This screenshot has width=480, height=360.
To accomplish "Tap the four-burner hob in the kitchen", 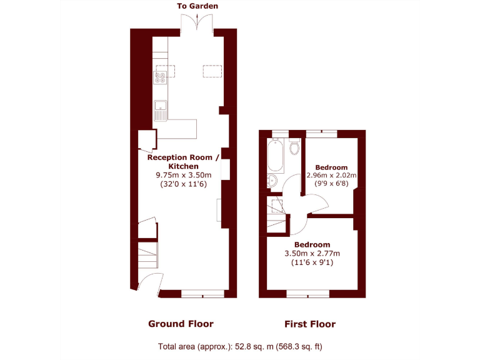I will coord(161,78).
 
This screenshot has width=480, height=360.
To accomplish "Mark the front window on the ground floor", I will coord(202,292).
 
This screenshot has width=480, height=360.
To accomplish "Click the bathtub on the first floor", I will coord(276,157).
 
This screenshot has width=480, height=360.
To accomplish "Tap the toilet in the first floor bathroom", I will coord(295,147).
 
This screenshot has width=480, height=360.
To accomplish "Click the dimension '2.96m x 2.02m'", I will coord(331,176).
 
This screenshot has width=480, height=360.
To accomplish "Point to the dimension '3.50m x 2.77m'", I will coord(312,253).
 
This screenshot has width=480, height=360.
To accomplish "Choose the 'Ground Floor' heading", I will coord(181,324).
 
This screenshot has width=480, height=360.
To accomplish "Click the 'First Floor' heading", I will coord(310,324).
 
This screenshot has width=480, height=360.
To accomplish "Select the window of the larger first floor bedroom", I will coord(307,292).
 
